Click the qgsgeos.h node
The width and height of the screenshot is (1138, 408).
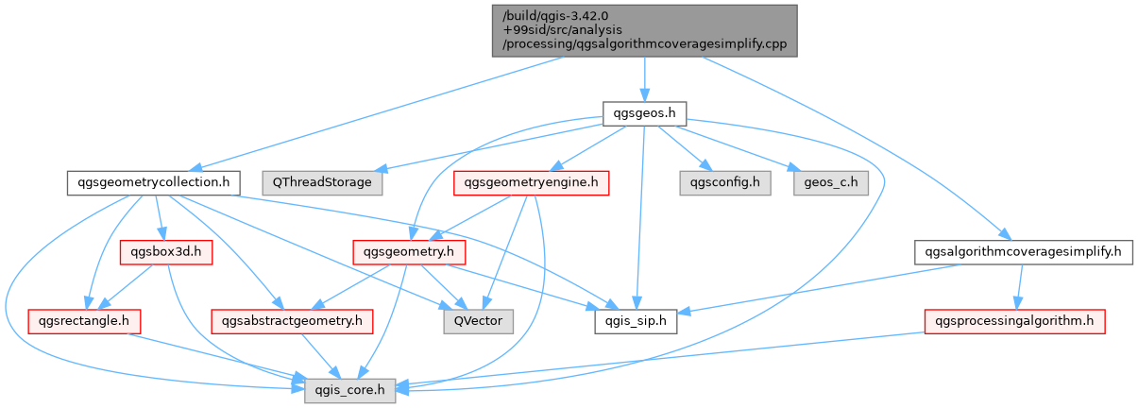click(644, 113)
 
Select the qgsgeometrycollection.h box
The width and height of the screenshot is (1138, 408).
click(153, 182)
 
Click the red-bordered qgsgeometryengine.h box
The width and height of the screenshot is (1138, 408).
click(532, 182)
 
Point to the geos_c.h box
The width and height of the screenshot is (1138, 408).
click(831, 182)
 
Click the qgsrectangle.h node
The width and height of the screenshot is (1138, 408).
click(85, 321)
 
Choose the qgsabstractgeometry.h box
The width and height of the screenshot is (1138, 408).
click(292, 321)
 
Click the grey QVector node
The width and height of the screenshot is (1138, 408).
click(479, 321)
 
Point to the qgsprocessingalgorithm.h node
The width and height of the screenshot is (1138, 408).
click(1013, 321)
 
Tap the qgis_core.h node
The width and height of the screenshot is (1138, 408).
click(350, 389)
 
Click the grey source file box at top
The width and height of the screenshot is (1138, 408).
click(644, 30)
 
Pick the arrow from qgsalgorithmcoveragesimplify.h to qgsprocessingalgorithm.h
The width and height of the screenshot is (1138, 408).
click(1019, 286)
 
